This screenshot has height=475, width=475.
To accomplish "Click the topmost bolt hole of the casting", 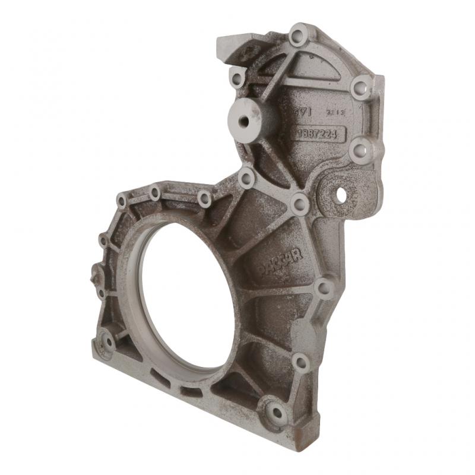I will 298,34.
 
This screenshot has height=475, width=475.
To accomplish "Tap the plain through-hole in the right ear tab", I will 341,194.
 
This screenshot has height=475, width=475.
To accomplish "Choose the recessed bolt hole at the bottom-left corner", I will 108,341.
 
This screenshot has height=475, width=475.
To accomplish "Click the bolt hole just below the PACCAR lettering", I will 324,288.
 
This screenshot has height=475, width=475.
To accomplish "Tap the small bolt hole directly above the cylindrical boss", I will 238,78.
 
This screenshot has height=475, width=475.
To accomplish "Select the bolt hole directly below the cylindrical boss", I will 246,177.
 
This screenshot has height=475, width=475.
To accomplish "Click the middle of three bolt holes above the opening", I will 155,192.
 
